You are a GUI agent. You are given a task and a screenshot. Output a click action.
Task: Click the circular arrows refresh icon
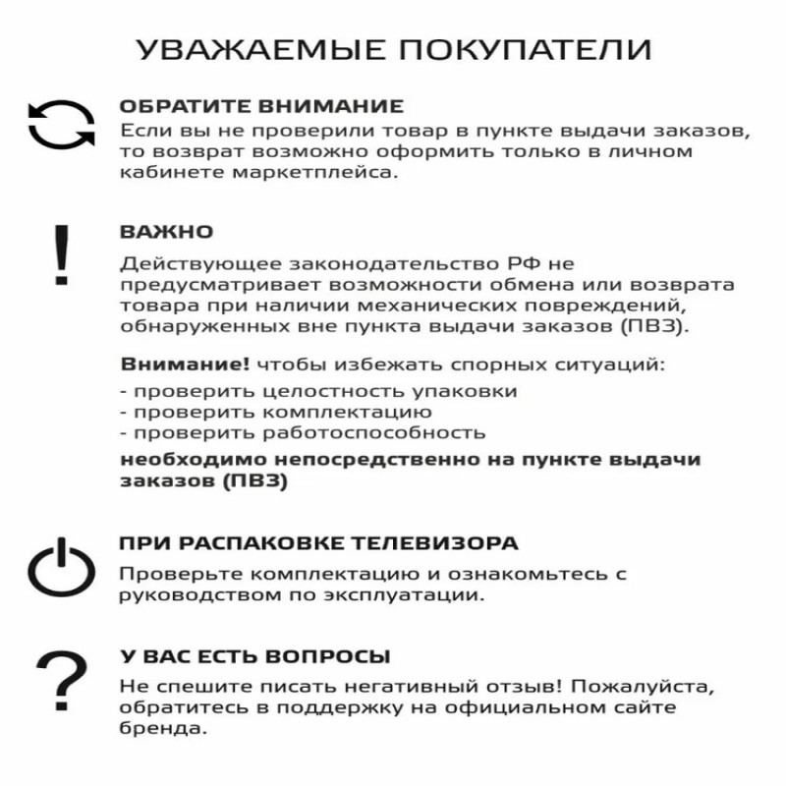61,126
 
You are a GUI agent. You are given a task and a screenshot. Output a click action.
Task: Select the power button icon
61,569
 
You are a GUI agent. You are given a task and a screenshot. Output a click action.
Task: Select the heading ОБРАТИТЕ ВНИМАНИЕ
261,106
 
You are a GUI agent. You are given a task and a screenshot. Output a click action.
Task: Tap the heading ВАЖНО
166,233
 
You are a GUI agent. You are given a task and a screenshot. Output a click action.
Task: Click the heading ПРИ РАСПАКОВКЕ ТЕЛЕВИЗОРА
318,543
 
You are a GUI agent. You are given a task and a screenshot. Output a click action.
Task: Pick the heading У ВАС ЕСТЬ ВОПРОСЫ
254,656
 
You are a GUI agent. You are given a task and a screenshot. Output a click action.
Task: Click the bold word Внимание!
185,365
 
